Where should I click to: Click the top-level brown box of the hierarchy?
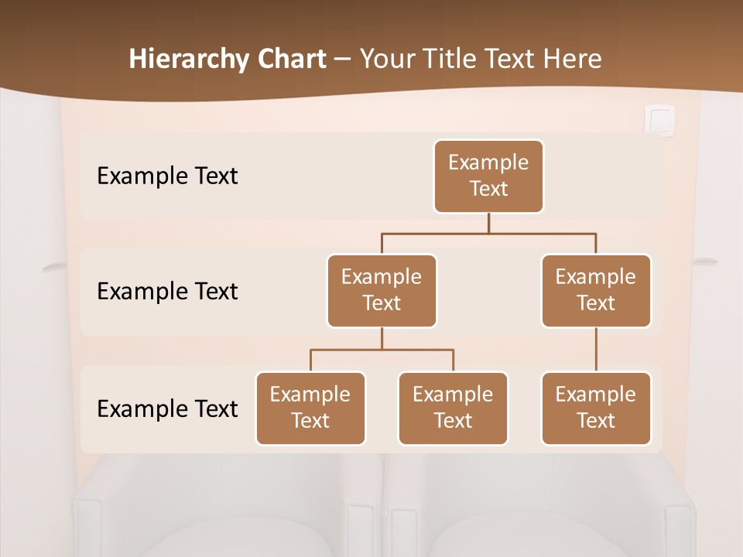coord(488,176)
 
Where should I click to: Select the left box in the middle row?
coord(382,291)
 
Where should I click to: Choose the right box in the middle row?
coord(596,291)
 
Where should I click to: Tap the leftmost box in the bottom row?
coord(310,408)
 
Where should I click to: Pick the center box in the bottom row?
coord(453,408)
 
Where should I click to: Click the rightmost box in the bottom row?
coord(596,408)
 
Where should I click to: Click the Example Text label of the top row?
coord(167,176)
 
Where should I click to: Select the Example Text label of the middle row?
coord(167,292)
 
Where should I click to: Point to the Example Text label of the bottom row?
coord(167,409)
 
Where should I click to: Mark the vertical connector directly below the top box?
coord(488,223)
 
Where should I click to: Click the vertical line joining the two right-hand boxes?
coord(596,350)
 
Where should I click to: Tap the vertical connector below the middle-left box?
coord(382,339)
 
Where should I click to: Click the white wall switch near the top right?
coord(659,121)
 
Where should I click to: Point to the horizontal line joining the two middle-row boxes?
coord(488,233)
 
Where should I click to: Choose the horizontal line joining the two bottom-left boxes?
coord(382,350)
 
